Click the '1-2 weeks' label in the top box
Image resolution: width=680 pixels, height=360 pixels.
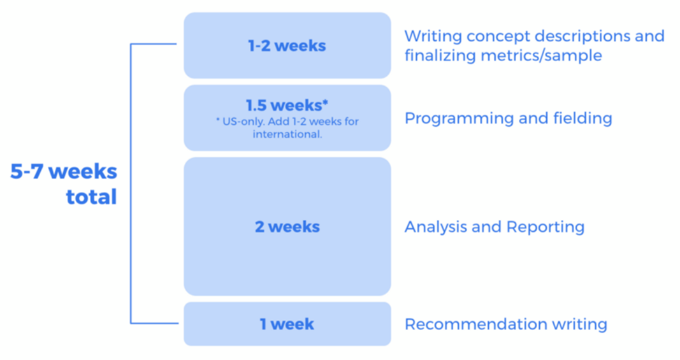(x=287, y=45)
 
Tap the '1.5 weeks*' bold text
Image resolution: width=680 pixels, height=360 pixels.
(x=287, y=105)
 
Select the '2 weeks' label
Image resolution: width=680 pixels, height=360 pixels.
(x=287, y=226)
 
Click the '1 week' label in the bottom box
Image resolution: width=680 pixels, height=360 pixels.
(x=287, y=324)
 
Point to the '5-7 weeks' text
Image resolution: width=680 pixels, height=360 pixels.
(x=64, y=171)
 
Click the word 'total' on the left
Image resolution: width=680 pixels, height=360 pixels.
(x=92, y=196)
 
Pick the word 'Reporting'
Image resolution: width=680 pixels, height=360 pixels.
(x=546, y=227)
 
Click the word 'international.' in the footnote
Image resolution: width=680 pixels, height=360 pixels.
(x=287, y=134)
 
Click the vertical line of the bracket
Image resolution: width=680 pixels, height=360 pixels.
(x=131, y=184)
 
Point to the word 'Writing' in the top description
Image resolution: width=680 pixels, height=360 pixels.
(x=433, y=36)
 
